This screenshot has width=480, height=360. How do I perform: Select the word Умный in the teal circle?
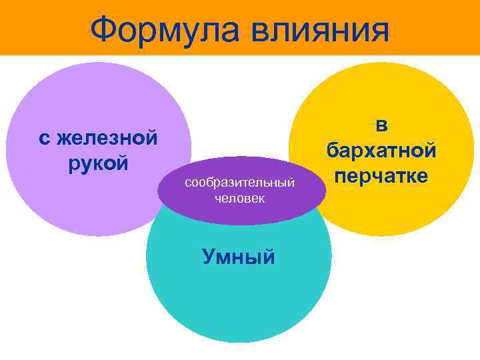[x=238, y=257]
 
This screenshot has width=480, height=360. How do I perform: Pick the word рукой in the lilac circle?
[x=98, y=163]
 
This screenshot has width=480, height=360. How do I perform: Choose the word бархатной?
[x=381, y=150]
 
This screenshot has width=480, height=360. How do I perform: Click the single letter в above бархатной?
[x=381, y=124]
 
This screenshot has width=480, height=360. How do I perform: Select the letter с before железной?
[x=44, y=138]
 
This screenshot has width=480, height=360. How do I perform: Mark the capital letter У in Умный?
[x=207, y=257]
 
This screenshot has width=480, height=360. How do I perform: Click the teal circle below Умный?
[x=238, y=300]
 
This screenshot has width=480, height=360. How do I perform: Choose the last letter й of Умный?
[x=267, y=257]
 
